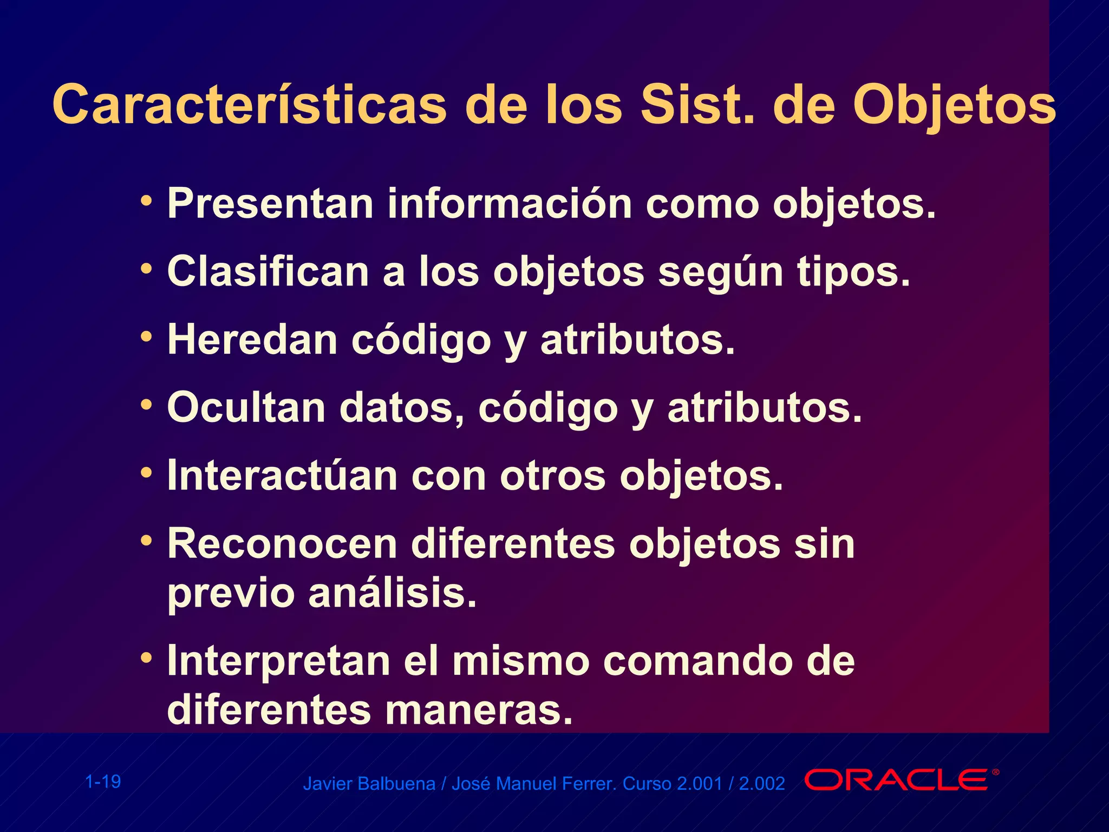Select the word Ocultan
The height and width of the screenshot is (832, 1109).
click(x=246, y=408)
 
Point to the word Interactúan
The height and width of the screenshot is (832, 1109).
click(x=282, y=476)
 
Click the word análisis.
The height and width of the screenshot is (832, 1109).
click(x=393, y=594)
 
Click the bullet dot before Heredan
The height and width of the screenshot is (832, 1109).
click(x=146, y=337)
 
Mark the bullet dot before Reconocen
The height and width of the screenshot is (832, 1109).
click(x=146, y=541)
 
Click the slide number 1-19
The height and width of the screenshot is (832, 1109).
click(x=103, y=782)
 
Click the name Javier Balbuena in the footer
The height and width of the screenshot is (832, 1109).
click(x=369, y=784)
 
